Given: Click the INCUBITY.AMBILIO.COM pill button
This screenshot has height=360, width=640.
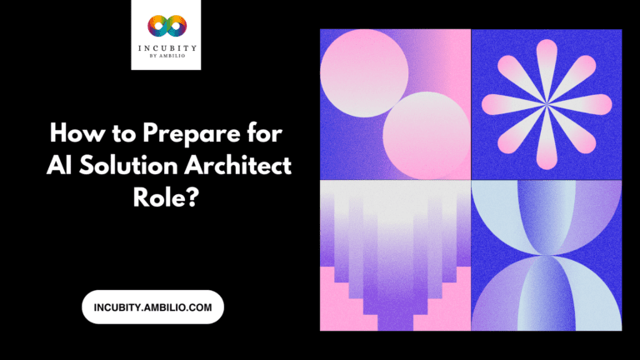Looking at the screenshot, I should pyautogui.click(x=152, y=307).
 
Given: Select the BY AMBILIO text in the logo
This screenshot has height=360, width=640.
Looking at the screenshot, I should pyautogui.click(x=166, y=58).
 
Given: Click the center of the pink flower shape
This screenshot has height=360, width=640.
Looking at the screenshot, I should pyautogui.click(x=547, y=103).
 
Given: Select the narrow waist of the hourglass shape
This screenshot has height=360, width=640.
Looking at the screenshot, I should pyautogui.click(x=547, y=255).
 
